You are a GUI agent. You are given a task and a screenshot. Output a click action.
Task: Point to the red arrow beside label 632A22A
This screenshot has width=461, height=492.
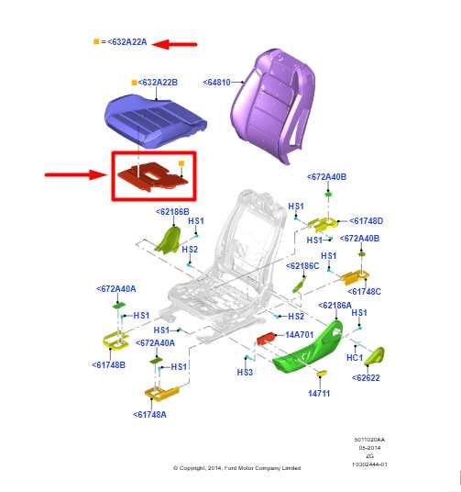(x=175, y=42)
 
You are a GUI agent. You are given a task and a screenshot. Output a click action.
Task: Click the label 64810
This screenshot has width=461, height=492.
(x=221, y=82)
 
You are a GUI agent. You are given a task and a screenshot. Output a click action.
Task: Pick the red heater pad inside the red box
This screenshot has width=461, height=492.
(x=152, y=174)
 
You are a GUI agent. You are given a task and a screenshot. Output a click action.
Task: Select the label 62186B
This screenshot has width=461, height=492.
(x=171, y=211)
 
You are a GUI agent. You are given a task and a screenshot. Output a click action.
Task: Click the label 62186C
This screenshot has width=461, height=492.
(x=302, y=265)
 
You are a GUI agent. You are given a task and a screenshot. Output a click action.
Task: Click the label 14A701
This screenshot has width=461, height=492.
(x=300, y=335)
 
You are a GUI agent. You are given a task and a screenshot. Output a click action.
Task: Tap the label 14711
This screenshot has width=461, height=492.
(x=319, y=393)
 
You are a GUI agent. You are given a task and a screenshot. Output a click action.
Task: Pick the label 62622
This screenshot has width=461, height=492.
(x=368, y=376)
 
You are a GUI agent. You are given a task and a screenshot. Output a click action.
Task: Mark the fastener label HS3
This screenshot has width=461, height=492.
(x=245, y=372)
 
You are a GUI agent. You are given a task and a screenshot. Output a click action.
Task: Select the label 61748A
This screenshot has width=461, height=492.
(x=151, y=414)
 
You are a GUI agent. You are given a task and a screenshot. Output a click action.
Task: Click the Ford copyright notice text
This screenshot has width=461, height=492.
(x=236, y=468)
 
